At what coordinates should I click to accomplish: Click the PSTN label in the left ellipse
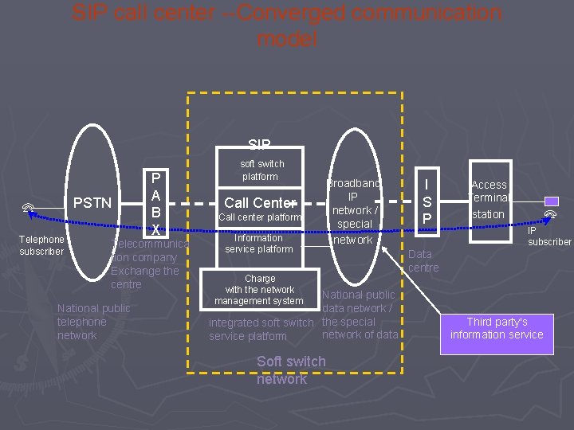click(92, 203)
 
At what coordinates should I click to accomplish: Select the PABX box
click(156, 203)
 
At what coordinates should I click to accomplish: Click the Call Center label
click(260, 202)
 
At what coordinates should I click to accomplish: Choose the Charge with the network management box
click(260, 290)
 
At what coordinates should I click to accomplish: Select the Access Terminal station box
click(489, 199)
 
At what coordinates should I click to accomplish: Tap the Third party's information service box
click(496, 328)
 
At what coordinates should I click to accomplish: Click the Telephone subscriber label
click(41, 245)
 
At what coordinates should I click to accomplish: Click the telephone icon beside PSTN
click(28, 209)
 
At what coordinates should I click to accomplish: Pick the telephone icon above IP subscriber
click(549, 215)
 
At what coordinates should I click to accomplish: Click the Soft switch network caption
click(291, 370)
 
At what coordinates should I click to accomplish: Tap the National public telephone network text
click(93, 322)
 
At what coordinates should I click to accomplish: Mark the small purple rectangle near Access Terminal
click(552, 201)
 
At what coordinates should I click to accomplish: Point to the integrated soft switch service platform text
click(261, 329)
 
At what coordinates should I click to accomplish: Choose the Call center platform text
click(260, 217)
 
